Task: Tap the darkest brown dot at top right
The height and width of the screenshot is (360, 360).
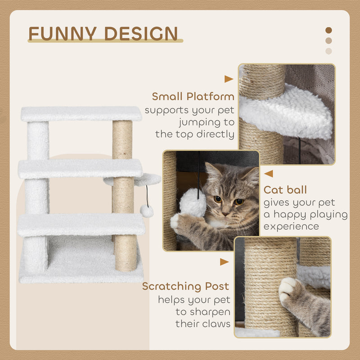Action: point(328,30)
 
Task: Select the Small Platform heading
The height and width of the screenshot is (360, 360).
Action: point(193,96)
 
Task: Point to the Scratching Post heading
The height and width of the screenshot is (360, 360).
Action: point(185,286)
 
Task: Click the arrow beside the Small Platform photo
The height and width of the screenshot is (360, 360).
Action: point(229,79)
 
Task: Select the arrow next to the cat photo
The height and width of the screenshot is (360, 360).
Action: point(268,174)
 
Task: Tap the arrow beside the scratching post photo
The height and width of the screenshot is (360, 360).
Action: point(224,261)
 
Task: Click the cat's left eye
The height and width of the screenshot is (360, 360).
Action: point(217,198)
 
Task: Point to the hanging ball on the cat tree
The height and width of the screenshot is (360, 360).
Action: point(146,211)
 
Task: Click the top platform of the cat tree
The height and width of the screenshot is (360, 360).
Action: point(81,113)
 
